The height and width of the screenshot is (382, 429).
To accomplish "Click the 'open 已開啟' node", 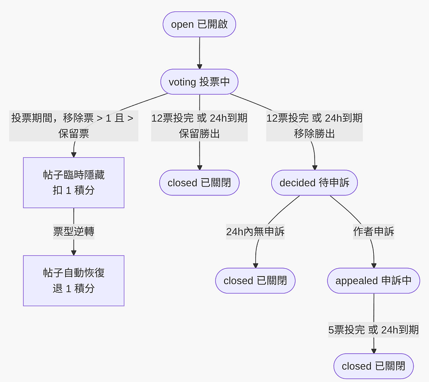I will pos(199,24).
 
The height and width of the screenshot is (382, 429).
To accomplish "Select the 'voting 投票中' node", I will pos(199,82).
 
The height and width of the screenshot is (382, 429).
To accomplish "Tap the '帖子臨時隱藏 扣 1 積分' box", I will pos(74,183).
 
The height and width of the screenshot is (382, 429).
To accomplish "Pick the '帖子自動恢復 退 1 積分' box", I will pos(74,281).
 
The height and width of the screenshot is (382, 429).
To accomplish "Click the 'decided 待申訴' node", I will pos(315,183).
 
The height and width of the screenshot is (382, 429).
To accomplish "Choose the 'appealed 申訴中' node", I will pos(373,281).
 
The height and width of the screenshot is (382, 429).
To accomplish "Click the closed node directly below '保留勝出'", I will pos(199,183).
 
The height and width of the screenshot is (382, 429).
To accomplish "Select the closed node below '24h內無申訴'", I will pos(255,281).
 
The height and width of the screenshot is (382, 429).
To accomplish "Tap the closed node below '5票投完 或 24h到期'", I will pos(374,366).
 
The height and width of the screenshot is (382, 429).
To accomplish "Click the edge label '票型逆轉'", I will pos(74,232).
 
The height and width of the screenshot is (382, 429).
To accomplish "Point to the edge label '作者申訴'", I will pos(373,232).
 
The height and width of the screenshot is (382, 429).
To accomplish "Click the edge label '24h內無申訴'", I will pos(255,232).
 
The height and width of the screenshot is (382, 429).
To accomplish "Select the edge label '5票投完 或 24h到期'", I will pos(373,329).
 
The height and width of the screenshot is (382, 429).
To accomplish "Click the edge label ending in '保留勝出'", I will pos(199,126).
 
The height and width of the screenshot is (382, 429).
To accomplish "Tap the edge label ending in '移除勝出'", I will pos(314,126).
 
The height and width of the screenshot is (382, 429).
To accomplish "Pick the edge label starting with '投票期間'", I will pos(74,126).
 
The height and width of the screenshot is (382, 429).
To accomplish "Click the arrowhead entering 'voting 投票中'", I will pos(200,66).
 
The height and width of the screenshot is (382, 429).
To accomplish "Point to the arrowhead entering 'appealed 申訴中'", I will pos(373,266).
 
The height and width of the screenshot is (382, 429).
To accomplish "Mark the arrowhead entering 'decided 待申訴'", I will pos(315,168).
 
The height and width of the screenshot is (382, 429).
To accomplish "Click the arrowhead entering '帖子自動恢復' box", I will pos(74,252).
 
